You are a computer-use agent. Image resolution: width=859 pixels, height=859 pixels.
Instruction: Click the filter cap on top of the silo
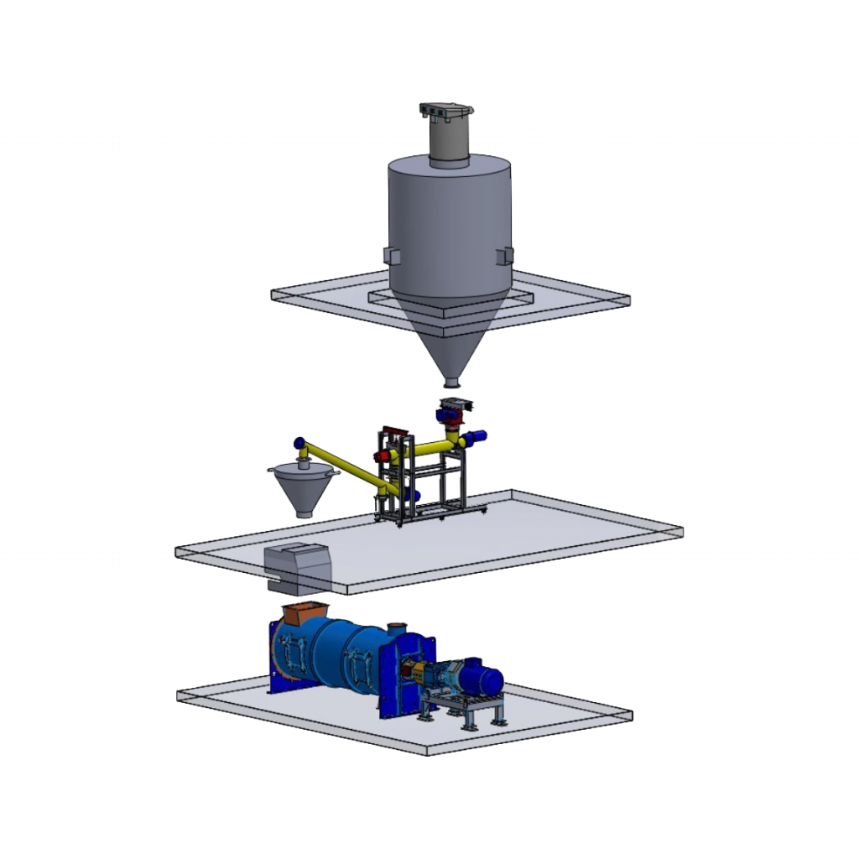(x=447, y=110)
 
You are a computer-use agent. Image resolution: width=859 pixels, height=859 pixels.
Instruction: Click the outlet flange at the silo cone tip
(x=451, y=383)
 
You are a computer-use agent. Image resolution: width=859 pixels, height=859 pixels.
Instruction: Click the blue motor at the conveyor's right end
(x=479, y=436)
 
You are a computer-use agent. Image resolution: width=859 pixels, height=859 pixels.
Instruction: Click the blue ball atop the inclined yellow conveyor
(x=298, y=442)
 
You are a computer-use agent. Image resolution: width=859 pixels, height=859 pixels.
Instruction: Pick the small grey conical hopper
(x=301, y=490)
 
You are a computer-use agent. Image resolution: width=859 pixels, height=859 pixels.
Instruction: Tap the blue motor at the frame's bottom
(x=414, y=497)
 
